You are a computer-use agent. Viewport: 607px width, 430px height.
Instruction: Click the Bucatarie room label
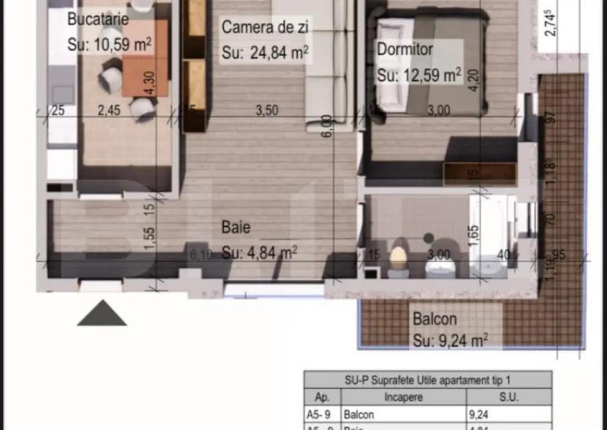(x=97, y=20)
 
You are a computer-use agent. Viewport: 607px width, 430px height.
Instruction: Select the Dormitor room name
(x=405, y=50)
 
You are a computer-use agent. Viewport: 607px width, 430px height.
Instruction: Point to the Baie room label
(x=236, y=227)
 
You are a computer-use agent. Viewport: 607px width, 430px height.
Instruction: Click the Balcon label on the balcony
(x=434, y=319)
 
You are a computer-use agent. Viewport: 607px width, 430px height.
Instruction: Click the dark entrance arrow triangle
(x=102, y=313)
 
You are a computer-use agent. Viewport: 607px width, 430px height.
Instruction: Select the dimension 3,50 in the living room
(x=266, y=110)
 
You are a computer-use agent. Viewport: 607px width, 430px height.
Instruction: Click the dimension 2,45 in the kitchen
(x=109, y=110)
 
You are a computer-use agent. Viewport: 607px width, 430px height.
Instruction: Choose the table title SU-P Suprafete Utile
(x=427, y=380)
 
